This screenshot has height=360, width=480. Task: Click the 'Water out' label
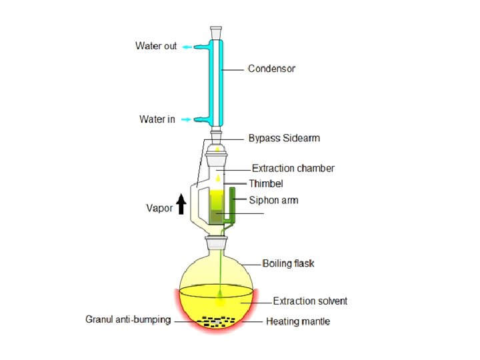point(156,46)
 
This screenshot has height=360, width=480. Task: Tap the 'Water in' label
point(157,119)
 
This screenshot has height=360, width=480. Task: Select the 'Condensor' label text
point(271,69)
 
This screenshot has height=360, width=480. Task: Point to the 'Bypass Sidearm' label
point(284,138)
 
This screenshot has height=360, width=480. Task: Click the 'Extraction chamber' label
point(293,169)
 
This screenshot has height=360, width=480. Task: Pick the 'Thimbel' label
point(267,183)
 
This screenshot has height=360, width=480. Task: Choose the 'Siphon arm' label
point(273,200)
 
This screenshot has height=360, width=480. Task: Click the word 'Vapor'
point(159,208)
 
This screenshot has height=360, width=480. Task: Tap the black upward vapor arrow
point(181,203)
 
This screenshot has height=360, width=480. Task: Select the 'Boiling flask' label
point(288,263)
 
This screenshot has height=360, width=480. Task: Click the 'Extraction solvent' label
point(310,301)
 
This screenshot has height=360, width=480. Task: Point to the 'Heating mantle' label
point(298,321)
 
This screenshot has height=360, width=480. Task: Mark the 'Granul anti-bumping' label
point(128,319)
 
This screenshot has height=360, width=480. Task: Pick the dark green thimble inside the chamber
point(216,217)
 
